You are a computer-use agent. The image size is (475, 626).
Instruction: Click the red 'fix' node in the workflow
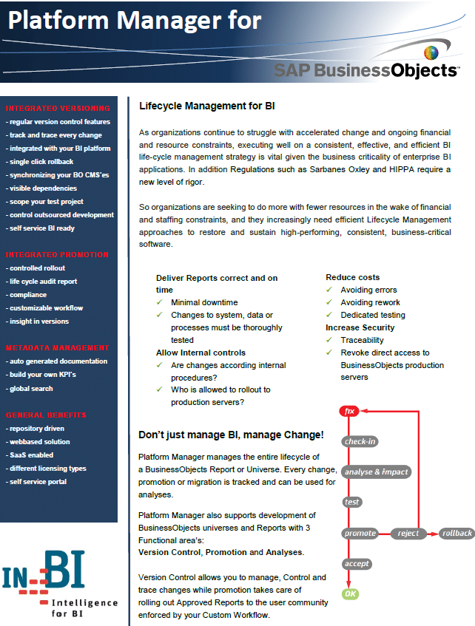click(x=348, y=411)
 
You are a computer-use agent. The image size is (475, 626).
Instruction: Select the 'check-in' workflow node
click(x=360, y=442)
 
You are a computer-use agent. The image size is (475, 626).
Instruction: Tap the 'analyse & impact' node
click(x=376, y=472)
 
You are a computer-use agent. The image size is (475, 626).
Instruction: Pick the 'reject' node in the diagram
click(x=408, y=533)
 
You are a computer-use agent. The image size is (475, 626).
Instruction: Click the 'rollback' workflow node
click(x=456, y=533)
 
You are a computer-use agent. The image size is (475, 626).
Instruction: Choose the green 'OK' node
click(x=349, y=593)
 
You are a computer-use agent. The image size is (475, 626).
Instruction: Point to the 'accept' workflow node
click(x=357, y=563)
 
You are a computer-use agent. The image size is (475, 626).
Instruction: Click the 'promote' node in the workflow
click(x=360, y=533)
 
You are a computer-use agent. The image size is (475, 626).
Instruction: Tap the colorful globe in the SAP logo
click(x=431, y=53)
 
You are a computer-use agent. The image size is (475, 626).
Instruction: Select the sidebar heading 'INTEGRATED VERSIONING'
click(x=58, y=109)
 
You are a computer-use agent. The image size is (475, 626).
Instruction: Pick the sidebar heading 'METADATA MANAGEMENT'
click(x=58, y=347)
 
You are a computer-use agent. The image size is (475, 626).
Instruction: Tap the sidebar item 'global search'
click(x=31, y=388)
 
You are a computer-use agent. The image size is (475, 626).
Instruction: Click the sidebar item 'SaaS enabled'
click(x=31, y=455)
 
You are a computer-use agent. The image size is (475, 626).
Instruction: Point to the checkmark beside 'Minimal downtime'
click(x=161, y=303)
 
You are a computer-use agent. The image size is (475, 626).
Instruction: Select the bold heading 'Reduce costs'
click(x=352, y=277)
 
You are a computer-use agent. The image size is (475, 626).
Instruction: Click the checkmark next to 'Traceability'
click(x=330, y=340)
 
